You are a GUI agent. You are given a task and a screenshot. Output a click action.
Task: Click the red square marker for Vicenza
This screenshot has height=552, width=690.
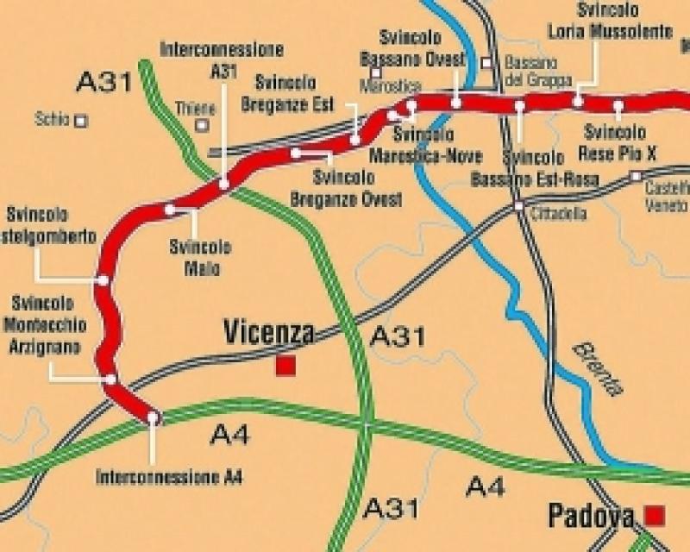[x=285, y=366]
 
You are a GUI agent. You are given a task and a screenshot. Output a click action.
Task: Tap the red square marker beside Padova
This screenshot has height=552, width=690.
[x=655, y=516]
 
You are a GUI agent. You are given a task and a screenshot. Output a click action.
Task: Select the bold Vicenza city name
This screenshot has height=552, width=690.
[x=268, y=333]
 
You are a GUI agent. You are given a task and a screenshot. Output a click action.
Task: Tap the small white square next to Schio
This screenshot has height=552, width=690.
[x=81, y=121]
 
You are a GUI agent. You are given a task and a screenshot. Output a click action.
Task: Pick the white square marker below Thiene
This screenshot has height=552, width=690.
[x=202, y=125]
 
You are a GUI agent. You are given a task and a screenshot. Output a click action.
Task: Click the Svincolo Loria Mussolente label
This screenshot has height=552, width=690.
[x=611, y=23]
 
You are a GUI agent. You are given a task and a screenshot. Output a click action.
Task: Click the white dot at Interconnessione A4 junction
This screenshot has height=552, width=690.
[x=153, y=417]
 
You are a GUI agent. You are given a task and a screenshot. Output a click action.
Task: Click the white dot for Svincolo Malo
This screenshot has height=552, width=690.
[x=170, y=210]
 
